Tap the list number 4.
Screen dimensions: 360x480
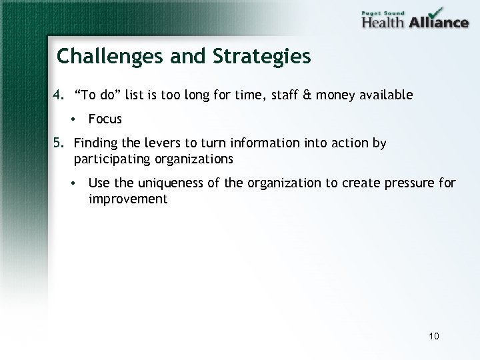pyautogui.click(x=58, y=95)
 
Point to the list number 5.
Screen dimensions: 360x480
pyautogui.click(x=58, y=143)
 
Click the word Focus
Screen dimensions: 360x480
pyautogui.click(x=105, y=119)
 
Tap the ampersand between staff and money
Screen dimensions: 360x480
pyautogui.click(x=306, y=95)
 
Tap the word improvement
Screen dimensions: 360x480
pyautogui.click(x=128, y=199)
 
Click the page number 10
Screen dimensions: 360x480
pyautogui.click(x=434, y=336)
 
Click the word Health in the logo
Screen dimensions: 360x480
pyautogui.click(x=383, y=21)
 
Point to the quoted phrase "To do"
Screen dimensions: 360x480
pyautogui.click(x=99, y=95)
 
